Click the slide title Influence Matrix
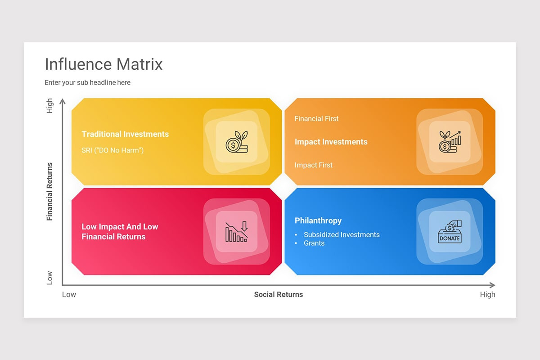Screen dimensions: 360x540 (x=103, y=64)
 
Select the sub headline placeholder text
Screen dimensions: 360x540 (x=87, y=83)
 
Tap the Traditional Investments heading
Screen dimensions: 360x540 (x=125, y=134)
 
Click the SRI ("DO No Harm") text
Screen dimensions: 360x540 (x=112, y=150)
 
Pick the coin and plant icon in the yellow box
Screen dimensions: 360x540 (x=237, y=142)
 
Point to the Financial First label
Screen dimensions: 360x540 (x=316, y=119)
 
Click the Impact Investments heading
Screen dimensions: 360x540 (x=331, y=142)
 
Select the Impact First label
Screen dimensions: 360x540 (x=313, y=165)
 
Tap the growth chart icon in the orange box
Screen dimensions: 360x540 (x=450, y=142)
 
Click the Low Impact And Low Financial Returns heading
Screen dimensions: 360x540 (x=120, y=232)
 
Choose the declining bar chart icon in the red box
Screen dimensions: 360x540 (x=237, y=232)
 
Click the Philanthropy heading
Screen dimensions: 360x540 (x=318, y=220)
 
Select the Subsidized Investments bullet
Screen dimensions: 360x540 (x=341, y=235)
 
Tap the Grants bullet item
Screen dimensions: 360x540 (x=314, y=243)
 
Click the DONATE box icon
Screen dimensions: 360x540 (x=450, y=232)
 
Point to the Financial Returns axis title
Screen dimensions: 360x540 (x=49, y=191)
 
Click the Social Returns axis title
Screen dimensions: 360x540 (x=278, y=295)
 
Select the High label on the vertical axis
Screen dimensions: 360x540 (x=49, y=106)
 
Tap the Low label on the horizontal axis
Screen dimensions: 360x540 (x=69, y=295)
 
